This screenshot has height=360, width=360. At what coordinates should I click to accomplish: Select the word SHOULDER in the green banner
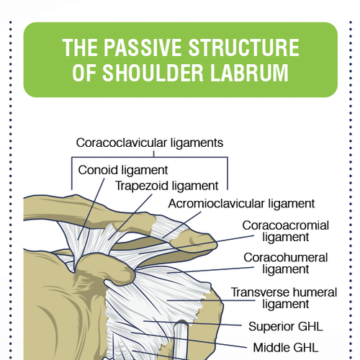(x=169, y=73)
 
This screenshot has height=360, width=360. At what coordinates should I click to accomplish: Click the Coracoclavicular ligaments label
(x=150, y=143)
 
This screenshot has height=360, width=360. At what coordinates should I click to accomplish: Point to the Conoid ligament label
(x=122, y=171)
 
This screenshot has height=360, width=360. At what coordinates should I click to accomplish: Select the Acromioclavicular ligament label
(x=241, y=203)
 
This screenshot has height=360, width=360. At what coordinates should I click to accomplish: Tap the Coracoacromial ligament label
(x=285, y=231)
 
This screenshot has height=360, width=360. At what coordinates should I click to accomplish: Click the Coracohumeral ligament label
(x=286, y=263)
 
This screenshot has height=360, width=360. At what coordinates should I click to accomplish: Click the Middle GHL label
(x=285, y=347)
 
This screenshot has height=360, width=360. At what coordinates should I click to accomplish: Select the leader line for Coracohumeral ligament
(x=209, y=270)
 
